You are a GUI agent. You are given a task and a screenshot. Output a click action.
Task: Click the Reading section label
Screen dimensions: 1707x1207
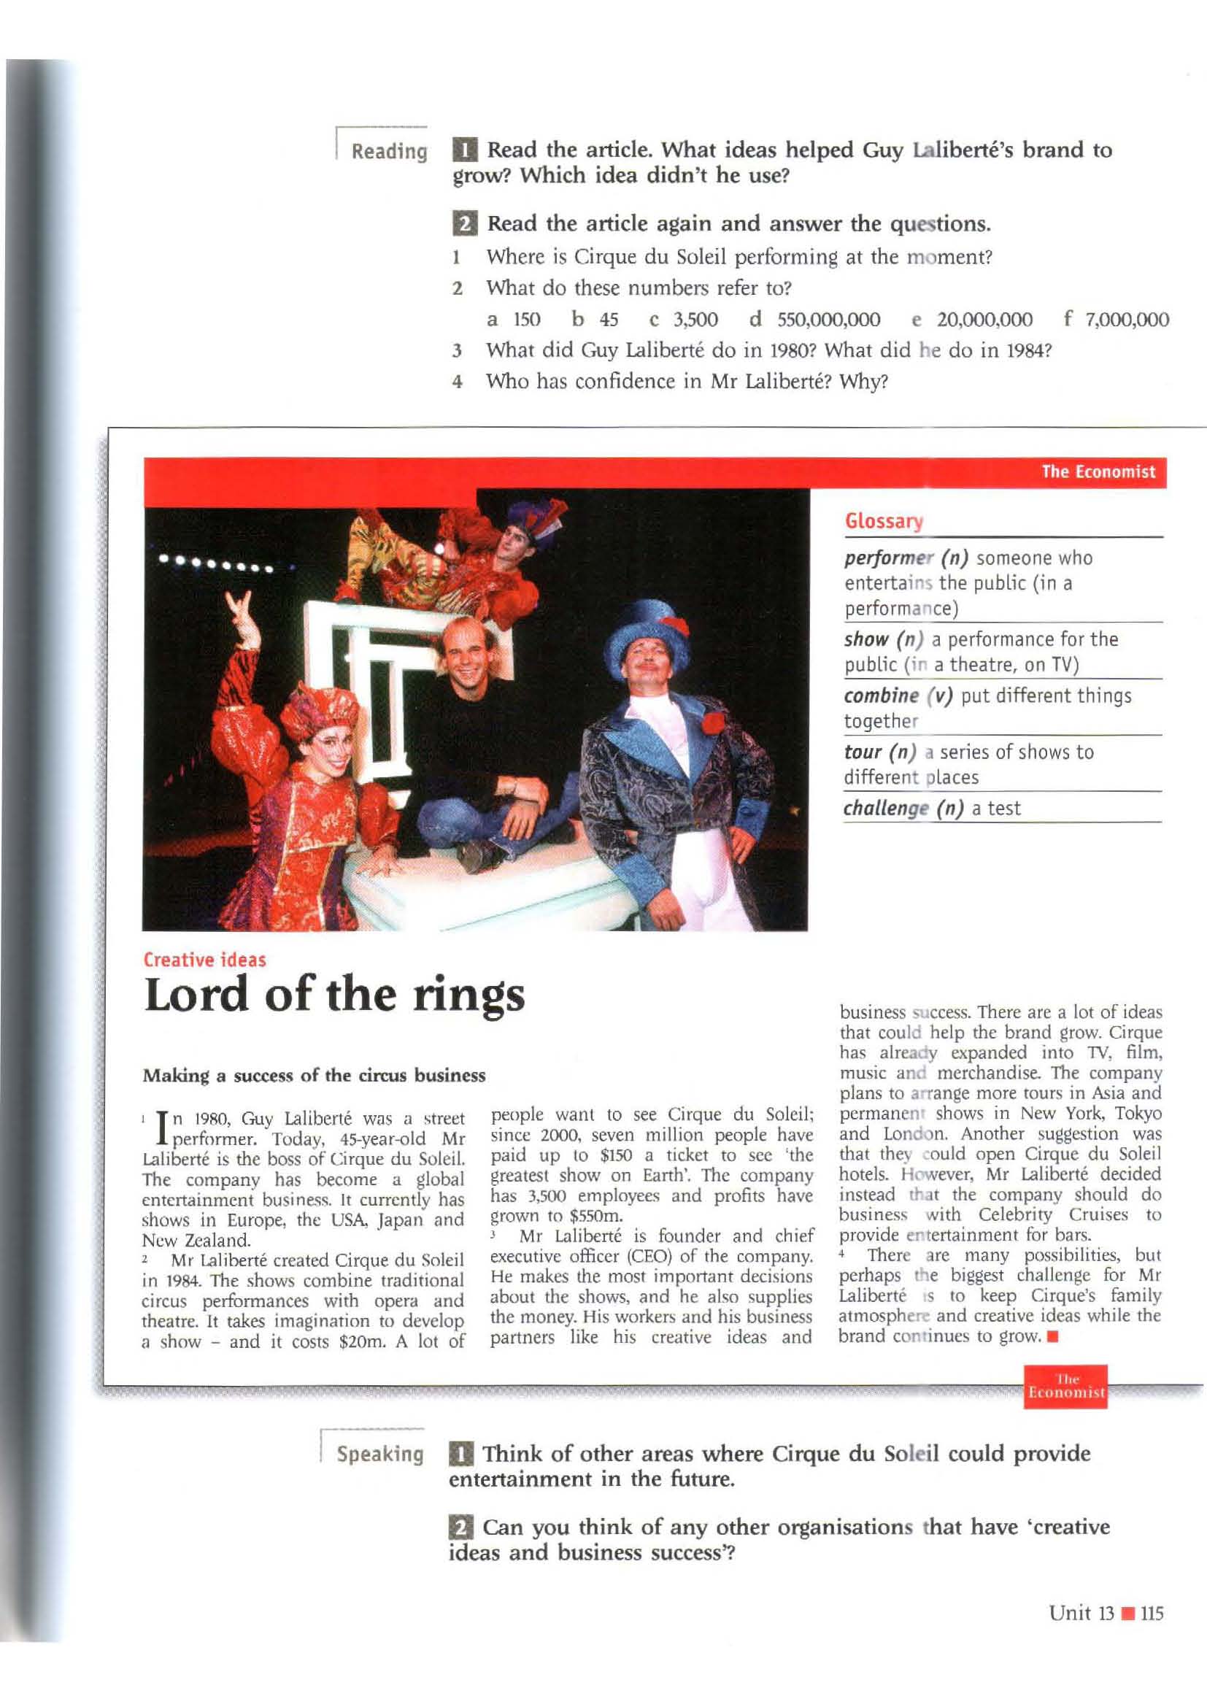pos(389,152)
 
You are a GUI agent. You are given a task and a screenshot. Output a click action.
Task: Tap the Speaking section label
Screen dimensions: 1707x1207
pos(379,1454)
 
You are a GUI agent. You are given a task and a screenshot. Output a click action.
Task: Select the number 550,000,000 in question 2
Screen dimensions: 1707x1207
pos(829,320)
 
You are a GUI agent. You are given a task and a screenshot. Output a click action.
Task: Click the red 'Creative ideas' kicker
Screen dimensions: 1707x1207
pos(204,960)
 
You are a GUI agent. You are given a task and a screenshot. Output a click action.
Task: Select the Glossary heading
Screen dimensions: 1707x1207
pos(884,521)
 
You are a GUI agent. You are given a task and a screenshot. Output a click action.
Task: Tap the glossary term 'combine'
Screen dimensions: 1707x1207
pos(882,696)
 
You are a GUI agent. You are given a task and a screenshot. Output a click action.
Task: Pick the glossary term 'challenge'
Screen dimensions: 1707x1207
pos(886,809)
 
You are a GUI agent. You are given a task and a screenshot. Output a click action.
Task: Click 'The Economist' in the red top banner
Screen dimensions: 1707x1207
pos(1098,472)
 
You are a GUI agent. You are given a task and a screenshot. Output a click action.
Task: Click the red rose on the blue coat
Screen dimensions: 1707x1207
pos(713,722)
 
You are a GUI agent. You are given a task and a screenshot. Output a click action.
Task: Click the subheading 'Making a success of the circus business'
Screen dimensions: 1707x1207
pos(314,1076)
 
